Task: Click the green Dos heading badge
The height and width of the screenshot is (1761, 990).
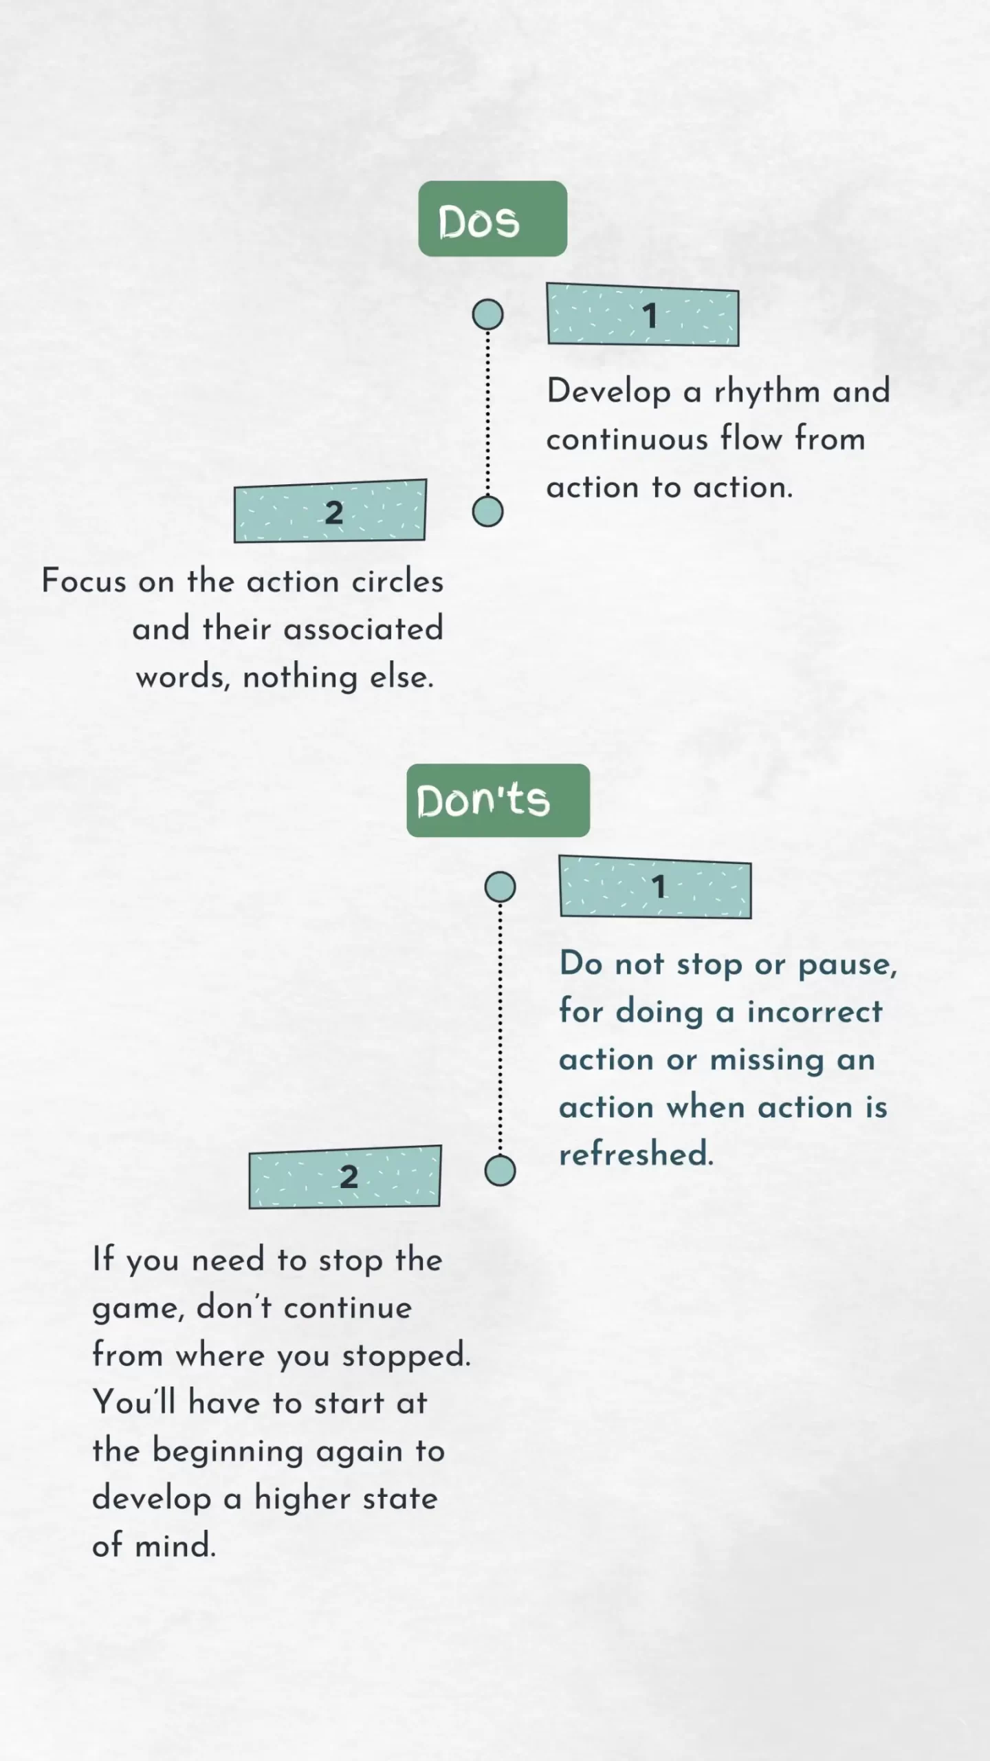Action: [492, 219]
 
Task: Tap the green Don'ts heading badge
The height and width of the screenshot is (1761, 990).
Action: [498, 800]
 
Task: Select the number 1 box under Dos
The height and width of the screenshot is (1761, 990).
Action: [643, 315]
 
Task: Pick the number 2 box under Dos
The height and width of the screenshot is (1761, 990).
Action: [330, 511]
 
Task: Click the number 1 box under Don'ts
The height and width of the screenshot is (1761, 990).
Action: [655, 887]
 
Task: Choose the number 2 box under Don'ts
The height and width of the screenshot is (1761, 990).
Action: [344, 1177]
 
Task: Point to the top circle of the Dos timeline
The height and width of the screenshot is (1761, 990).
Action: [487, 314]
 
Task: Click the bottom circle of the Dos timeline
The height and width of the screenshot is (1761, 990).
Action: [487, 512]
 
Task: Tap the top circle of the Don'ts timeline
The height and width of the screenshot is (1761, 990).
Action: [500, 887]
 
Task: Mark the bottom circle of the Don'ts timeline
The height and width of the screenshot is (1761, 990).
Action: [500, 1170]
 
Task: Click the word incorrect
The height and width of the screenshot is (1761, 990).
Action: [815, 1012]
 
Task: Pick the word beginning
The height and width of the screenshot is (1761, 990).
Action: [228, 1451]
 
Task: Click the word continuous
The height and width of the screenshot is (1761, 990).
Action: [626, 439]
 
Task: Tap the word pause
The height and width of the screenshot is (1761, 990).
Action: [847, 965]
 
